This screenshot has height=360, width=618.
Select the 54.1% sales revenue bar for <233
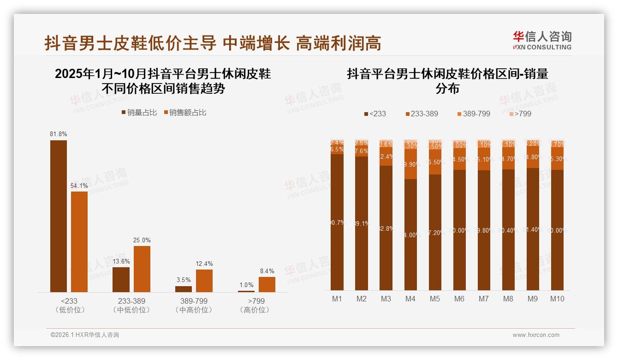click(79, 242)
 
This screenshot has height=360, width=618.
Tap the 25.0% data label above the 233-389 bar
click(142, 240)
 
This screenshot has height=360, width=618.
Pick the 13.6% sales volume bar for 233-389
click(121, 280)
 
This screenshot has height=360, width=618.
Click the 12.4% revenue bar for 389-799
click(204, 281)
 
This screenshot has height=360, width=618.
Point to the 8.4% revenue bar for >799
click(267, 284)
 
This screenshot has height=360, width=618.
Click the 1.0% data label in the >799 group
click(246, 285)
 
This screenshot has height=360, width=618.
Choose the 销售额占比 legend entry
click(184, 113)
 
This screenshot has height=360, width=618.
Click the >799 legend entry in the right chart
click(520, 114)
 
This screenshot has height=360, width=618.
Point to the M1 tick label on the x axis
click(337, 299)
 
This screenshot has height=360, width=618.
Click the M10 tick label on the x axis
click(557, 299)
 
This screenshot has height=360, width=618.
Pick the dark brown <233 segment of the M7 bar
click(484, 230)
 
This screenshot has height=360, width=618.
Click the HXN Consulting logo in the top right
click(542, 40)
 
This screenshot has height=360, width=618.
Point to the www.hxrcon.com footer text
click(536, 335)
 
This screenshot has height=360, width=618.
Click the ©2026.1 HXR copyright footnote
click(85, 335)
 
